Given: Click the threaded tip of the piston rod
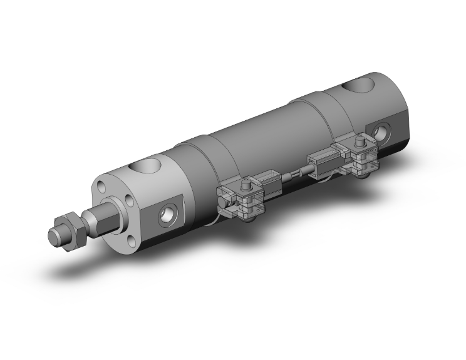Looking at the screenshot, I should pos(56,235).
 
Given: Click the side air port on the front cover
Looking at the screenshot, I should pos(168,213).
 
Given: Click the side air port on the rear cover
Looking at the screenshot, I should pos(382,131).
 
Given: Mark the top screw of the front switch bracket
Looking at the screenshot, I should pos(246,186).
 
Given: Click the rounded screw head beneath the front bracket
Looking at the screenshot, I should pos(252,216).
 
